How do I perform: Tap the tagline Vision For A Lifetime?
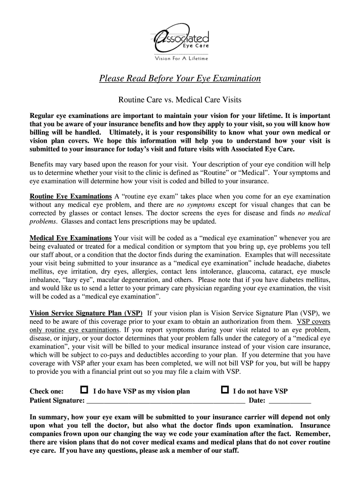pyautogui.click(x=181, y=58)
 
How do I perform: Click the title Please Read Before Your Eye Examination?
pyautogui.click(x=180, y=79)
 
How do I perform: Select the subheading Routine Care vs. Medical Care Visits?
pyautogui.click(x=180, y=100)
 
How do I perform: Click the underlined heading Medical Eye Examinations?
pyautogui.click(x=71, y=238)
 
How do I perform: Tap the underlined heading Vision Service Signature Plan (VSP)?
pyautogui.click(x=86, y=313)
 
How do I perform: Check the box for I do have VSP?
pyautogui.click(x=84, y=390)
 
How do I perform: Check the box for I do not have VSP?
pyautogui.click(x=225, y=390)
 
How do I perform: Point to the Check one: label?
pyautogui.click(x=47, y=392)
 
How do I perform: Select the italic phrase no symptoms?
pyautogui.click(x=195, y=205)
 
